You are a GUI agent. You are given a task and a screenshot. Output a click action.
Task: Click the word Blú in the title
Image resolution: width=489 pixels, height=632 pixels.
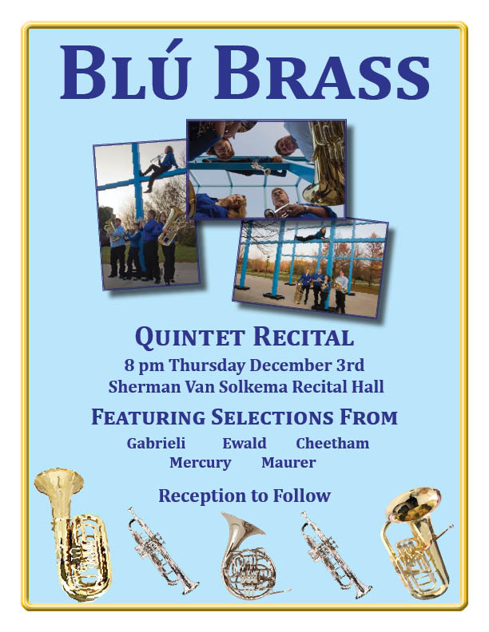(x=125, y=70)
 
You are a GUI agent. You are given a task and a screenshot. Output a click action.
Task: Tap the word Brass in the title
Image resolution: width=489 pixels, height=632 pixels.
(x=322, y=73)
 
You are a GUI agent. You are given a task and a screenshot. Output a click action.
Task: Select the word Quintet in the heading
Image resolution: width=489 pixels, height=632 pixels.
(x=189, y=337)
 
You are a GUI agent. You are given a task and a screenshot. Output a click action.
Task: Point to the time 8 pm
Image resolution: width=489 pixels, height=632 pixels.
(x=144, y=365)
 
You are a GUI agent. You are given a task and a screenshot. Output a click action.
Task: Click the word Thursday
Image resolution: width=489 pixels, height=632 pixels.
(x=207, y=365)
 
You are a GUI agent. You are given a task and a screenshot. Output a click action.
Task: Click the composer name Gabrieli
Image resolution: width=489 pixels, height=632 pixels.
(x=156, y=443)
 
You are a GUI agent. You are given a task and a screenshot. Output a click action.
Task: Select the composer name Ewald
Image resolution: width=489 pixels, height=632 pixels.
(x=245, y=443)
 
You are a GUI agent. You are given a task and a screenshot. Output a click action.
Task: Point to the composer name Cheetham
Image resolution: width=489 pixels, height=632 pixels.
(x=332, y=443)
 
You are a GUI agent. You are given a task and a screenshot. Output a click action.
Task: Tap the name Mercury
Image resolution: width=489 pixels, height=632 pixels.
(x=200, y=462)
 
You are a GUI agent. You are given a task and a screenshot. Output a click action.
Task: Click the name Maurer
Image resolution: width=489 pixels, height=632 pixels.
(x=288, y=462)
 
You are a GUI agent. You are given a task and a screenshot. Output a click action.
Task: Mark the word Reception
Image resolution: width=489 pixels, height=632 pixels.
(x=202, y=496)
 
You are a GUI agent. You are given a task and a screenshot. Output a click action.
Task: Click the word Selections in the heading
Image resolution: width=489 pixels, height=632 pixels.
(x=272, y=417)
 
